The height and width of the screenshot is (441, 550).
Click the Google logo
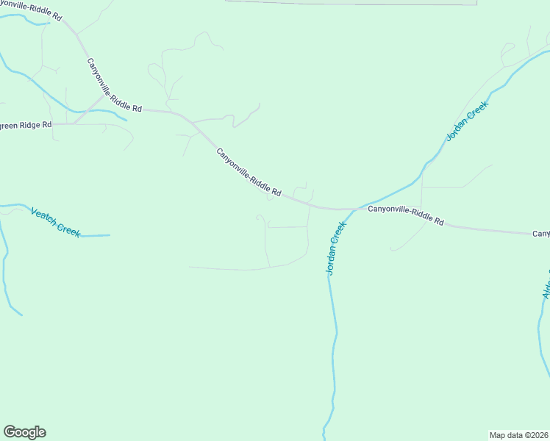[x=24, y=432]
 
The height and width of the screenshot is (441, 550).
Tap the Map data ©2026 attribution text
[x=518, y=434]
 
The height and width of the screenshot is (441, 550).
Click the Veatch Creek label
[x=55, y=222]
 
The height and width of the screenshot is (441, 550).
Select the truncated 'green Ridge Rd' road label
[x=25, y=125]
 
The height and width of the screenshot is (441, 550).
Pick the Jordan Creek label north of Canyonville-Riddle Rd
[x=467, y=121]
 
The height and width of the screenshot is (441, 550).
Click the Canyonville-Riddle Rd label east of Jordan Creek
[x=406, y=215]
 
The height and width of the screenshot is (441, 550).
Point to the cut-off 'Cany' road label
[x=540, y=234]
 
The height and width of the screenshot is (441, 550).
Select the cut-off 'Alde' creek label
[x=546, y=282]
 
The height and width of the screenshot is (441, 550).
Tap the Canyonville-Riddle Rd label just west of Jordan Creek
[x=249, y=172]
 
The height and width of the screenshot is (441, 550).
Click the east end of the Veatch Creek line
[x=109, y=235]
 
